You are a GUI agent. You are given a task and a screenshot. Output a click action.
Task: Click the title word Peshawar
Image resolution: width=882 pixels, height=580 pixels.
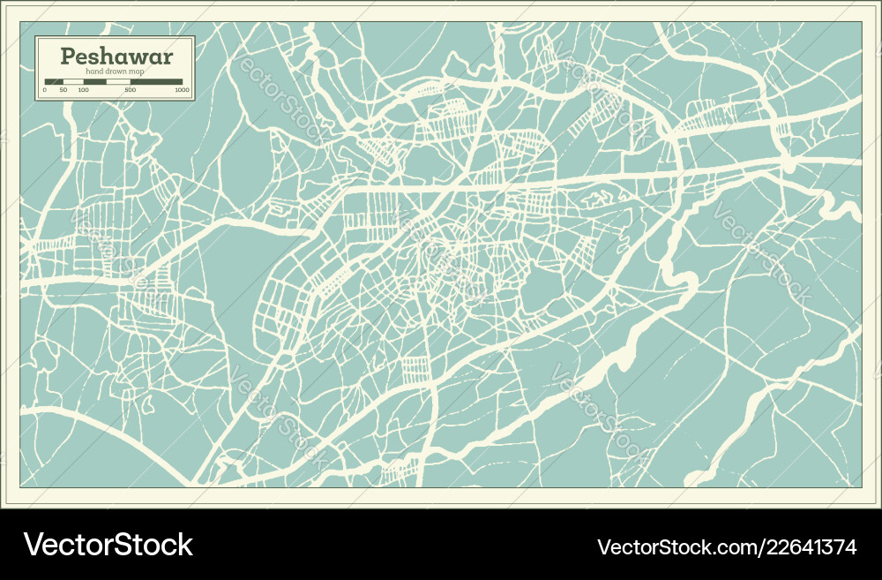(116, 56)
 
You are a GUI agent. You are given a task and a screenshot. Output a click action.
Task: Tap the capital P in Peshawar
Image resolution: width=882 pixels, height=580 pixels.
(67, 56)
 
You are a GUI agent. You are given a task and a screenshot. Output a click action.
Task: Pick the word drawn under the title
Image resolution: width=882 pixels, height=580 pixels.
(116, 72)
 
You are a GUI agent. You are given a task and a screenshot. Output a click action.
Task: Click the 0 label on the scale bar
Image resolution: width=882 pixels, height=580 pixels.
(44, 90)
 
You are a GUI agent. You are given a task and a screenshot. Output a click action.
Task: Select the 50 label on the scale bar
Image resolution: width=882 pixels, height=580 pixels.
(63, 90)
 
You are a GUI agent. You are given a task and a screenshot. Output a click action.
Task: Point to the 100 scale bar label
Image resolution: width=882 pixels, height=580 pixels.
(83, 90)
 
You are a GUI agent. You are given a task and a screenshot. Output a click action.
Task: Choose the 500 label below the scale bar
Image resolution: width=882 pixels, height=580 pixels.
(131, 90)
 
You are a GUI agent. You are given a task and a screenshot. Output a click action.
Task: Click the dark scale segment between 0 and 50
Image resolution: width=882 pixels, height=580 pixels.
(53, 82)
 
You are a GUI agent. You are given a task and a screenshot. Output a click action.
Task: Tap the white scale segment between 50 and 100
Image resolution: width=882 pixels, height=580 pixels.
(72, 82)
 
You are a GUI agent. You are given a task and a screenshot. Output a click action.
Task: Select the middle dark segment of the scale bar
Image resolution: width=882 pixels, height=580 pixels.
(94, 82)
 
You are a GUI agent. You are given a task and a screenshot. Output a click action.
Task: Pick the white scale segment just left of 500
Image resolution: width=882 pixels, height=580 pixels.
(118, 82)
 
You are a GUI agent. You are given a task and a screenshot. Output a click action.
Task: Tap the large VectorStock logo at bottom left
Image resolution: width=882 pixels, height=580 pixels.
(108, 545)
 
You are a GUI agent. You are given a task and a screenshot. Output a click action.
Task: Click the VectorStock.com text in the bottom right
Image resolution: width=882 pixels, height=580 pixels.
(669, 547)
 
